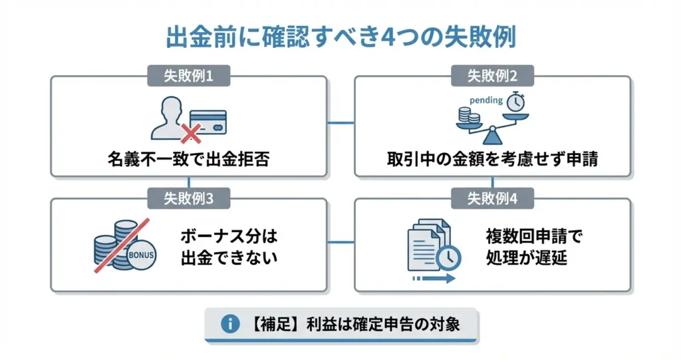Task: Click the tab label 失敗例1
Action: click(x=189, y=76)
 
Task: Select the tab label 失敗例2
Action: click(x=492, y=76)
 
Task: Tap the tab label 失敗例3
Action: click(x=189, y=198)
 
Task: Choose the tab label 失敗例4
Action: click(x=492, y=198)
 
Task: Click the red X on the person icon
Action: click(x=191, y=134)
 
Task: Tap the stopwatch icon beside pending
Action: click(x=515, y=102)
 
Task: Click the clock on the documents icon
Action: click(x=449, y=256)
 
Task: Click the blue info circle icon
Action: click(x=230, y=324)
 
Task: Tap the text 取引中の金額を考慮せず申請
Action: click(x=492, y=160)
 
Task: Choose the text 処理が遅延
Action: click(x=526, y=258)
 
